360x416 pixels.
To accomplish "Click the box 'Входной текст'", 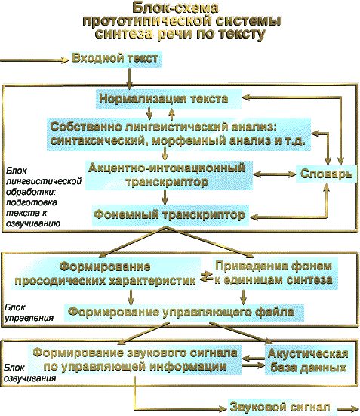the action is (115, 59).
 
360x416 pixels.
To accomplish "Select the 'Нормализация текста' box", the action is (168, 99).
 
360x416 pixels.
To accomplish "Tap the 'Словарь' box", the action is (326, 174).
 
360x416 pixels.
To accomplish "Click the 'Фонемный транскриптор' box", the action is (171, 215).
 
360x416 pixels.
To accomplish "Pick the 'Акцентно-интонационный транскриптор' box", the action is (169, 175).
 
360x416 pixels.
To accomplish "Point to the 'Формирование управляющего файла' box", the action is (184, 313).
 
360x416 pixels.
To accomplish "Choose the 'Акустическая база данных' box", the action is (309, 360).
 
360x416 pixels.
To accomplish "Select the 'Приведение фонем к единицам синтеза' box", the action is (275, 273).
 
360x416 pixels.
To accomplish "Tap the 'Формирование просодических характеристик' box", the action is (106, 273).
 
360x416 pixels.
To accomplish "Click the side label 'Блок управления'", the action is (29, 313).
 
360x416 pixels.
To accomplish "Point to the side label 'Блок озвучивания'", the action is (29, 373).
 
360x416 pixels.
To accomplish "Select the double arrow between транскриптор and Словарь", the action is (274, 174).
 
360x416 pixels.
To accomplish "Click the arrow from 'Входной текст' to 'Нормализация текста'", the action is (129, 79).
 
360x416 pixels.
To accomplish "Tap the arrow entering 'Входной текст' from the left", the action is (34, 60).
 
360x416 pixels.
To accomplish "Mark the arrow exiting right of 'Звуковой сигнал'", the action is (348, 409).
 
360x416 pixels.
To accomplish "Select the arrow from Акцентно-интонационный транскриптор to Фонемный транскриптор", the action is (165, 198).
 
